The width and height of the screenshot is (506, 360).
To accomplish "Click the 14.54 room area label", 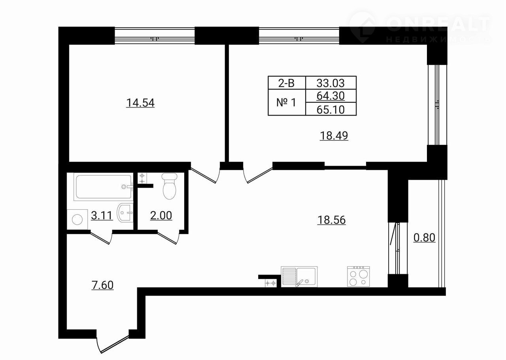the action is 140,103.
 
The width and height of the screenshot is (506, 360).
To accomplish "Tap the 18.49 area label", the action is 334,136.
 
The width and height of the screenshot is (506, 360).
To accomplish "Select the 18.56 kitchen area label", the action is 331,220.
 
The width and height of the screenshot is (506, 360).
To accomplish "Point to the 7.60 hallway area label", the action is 102,285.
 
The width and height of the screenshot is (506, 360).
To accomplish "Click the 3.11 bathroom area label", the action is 102,216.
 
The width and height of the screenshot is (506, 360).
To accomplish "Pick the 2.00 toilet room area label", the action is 161,216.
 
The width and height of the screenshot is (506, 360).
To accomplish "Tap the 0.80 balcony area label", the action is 424,238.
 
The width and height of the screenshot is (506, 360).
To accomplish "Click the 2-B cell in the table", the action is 287,83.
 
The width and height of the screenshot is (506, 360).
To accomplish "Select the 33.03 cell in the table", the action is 331,83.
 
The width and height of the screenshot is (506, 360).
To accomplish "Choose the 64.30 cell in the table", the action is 331,96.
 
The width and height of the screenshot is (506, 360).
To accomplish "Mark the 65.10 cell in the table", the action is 331,109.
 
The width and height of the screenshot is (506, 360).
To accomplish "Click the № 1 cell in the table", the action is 287,102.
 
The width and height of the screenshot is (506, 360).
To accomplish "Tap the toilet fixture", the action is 170,186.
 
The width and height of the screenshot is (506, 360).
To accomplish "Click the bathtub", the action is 103,187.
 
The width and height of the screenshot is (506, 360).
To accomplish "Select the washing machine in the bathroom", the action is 77,219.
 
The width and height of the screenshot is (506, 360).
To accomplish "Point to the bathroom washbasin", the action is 125,212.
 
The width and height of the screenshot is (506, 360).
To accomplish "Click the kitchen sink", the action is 299,277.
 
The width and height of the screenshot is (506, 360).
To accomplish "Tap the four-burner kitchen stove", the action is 359,277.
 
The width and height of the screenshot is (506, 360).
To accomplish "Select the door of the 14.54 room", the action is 205,174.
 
